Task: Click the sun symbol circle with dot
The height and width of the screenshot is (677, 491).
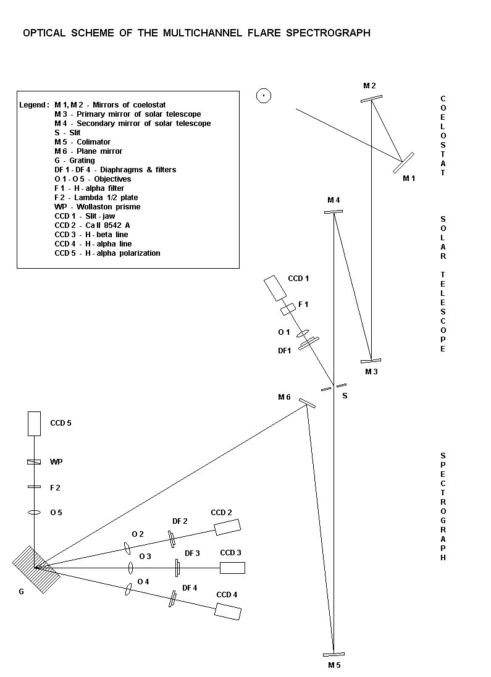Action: pyautogui.click(x=264, y=95)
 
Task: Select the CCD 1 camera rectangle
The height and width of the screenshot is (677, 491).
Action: pyautogui.click(x=275, y=288)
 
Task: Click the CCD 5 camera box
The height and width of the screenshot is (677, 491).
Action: pyautogui.click(x=34, y=424)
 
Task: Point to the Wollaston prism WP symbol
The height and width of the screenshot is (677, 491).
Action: pyautogui.click(x=34, y=462)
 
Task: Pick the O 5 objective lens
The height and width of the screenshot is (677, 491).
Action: pyautogui.click(x=34, y=513)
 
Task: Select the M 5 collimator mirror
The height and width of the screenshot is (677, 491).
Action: pyautogui.click(x=334, y=655)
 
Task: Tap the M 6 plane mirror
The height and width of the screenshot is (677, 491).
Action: pyautogui.click(x=307, y=403)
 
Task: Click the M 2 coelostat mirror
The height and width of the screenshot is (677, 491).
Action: pyautogui.click(x=371, y=99)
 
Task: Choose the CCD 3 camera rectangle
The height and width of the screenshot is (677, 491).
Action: pyautogui.click(x=232, y=568)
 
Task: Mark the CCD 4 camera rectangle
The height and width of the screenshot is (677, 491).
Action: pyautogui.click(x=228, y=611)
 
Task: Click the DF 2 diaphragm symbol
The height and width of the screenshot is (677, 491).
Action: pyautogui.click(x=172, y=539)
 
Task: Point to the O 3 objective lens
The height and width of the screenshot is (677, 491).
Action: pyautogui.click(x=130, y=568)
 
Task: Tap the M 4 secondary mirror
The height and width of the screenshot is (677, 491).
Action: pyautogui.click(x=334, y=211)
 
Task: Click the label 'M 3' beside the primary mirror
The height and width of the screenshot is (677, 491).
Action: pyautogui.click(x=371, y=372)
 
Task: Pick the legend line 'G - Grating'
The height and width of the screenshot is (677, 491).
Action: pyautogui.click(x=75, y=161)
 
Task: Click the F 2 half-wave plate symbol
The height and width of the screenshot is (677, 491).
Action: pyautogui.click(x=34, y=487)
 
